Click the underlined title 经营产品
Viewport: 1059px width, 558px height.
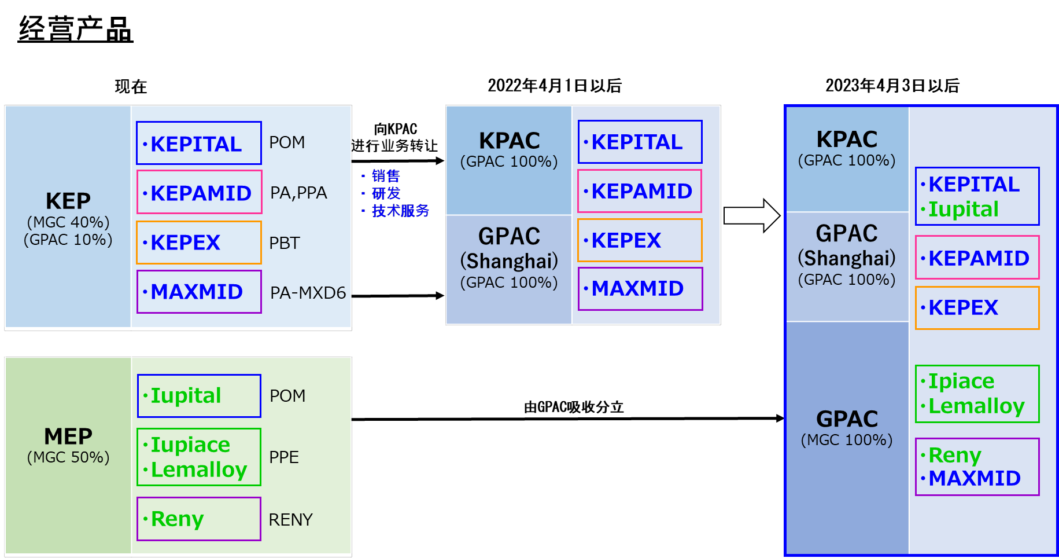pos(75,29)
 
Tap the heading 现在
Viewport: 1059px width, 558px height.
pos(131,87)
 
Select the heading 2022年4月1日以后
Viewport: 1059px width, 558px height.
pos(554,86)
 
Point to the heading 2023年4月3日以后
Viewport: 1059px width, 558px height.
pos(892,86)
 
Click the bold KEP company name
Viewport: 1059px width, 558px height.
pos(68,201)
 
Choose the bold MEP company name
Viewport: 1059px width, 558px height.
pos(68,436)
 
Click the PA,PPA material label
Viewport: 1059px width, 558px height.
pos(298,193)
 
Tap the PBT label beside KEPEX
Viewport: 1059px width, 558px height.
pos(285,243)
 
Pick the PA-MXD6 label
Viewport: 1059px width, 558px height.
pos(308,293)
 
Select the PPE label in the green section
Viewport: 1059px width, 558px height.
pos(284,457)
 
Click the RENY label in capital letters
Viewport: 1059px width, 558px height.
pos(290,520)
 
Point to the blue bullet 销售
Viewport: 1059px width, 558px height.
pos(385,175)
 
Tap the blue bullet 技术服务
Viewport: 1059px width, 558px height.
pos(400,211)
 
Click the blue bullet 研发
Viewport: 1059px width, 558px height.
pos(386,193)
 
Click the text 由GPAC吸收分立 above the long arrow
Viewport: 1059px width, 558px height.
pos(573,407)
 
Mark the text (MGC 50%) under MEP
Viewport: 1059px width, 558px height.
pos(68,457)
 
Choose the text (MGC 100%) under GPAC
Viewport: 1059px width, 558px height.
pos(847,440)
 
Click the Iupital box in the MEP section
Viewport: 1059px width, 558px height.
pos(199,396)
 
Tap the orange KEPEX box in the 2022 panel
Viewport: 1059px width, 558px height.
pos(640,240)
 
